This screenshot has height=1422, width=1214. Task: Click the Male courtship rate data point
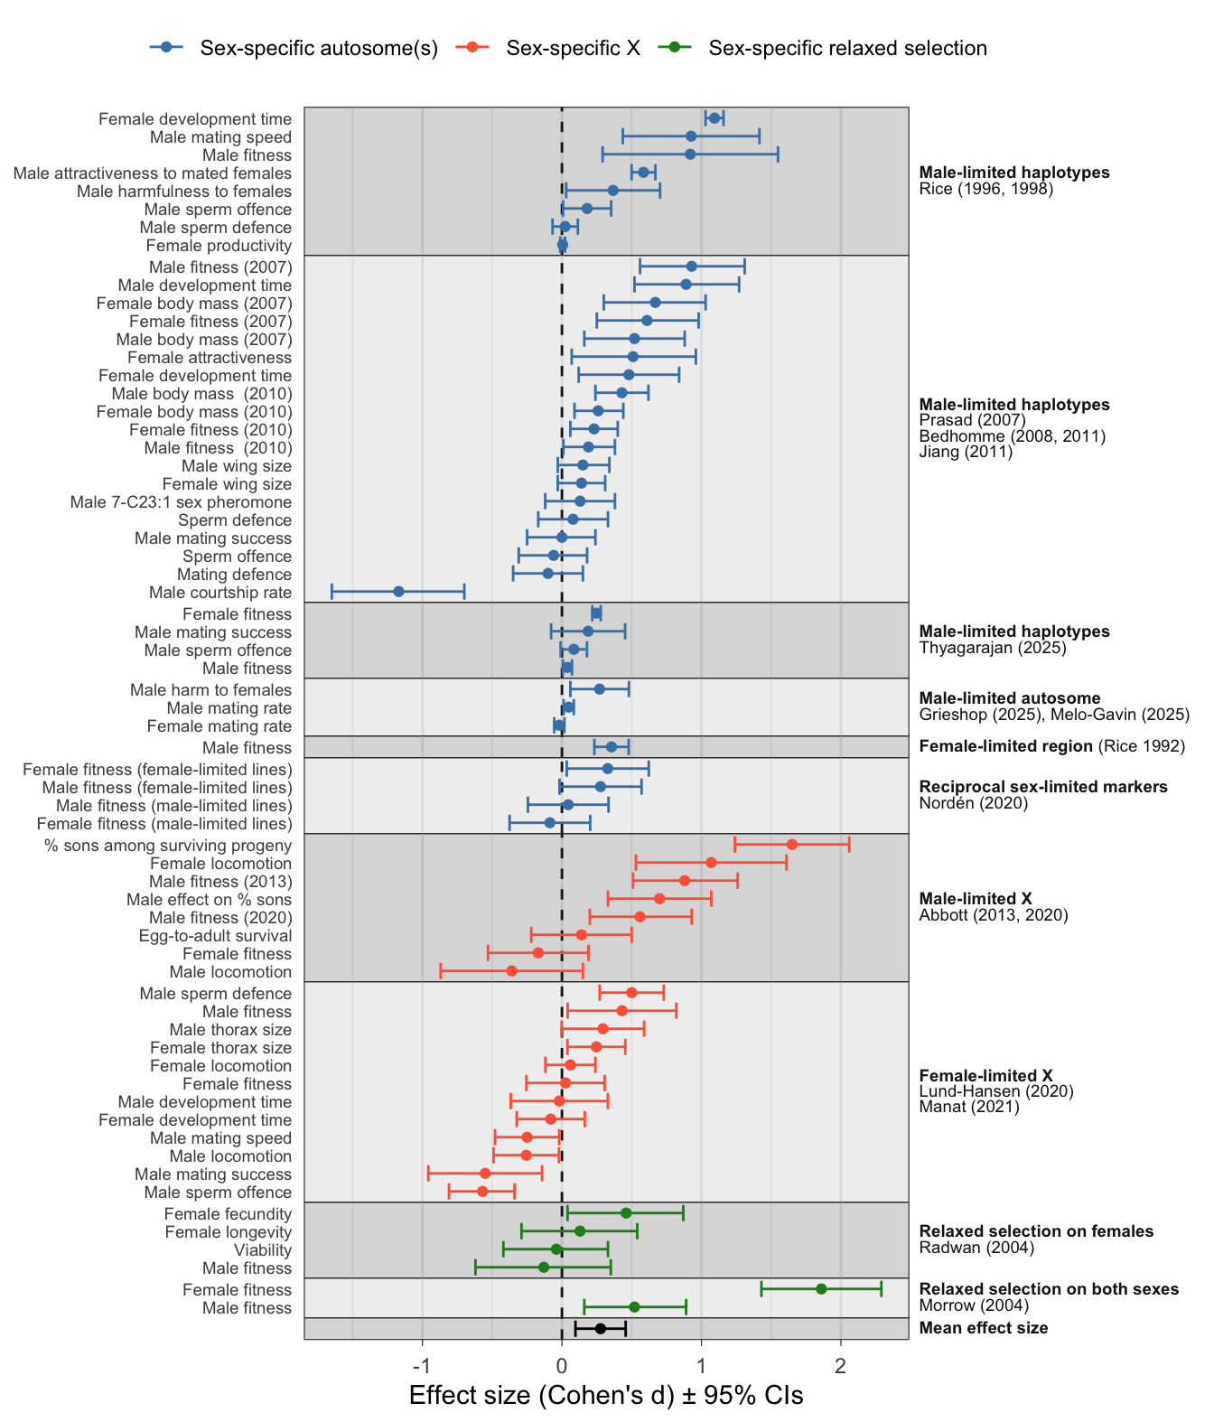(x=398, y=592)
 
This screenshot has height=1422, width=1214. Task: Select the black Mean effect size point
(x=600, y=1328)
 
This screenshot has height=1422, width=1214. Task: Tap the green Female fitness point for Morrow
(x=821, y=1289)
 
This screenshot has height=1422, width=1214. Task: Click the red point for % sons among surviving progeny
(x=792, y=845)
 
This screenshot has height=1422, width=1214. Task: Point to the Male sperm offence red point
(x=482, y=1192)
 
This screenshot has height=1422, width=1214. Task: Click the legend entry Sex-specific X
(x=573, y=48)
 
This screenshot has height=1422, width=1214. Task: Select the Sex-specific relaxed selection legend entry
(x=847, y=48)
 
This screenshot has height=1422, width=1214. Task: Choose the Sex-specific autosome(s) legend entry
(x=319, y=48)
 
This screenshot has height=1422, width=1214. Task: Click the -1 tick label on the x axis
(x=422, y=1363)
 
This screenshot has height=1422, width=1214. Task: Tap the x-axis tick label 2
(x=841, y=1363)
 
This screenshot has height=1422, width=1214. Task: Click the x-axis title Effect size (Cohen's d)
(x=606, y=1396)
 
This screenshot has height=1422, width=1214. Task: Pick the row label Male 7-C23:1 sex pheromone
(x=182, y=502)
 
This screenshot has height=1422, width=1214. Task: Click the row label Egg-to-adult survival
(x=215, y=936)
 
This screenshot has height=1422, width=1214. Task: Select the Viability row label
(x=263, y=1250)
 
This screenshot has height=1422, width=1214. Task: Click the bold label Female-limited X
(x=985, y=1075)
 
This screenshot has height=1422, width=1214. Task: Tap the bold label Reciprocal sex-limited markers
(x=1043, y=787)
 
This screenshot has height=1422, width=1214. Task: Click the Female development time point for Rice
(x=714, y=118)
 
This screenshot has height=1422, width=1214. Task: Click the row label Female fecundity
(x=228, y=1214)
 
